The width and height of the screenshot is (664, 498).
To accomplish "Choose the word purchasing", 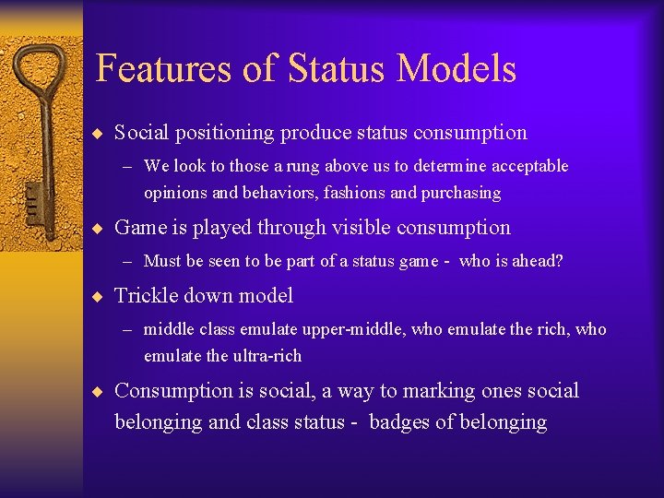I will (461, 193).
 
